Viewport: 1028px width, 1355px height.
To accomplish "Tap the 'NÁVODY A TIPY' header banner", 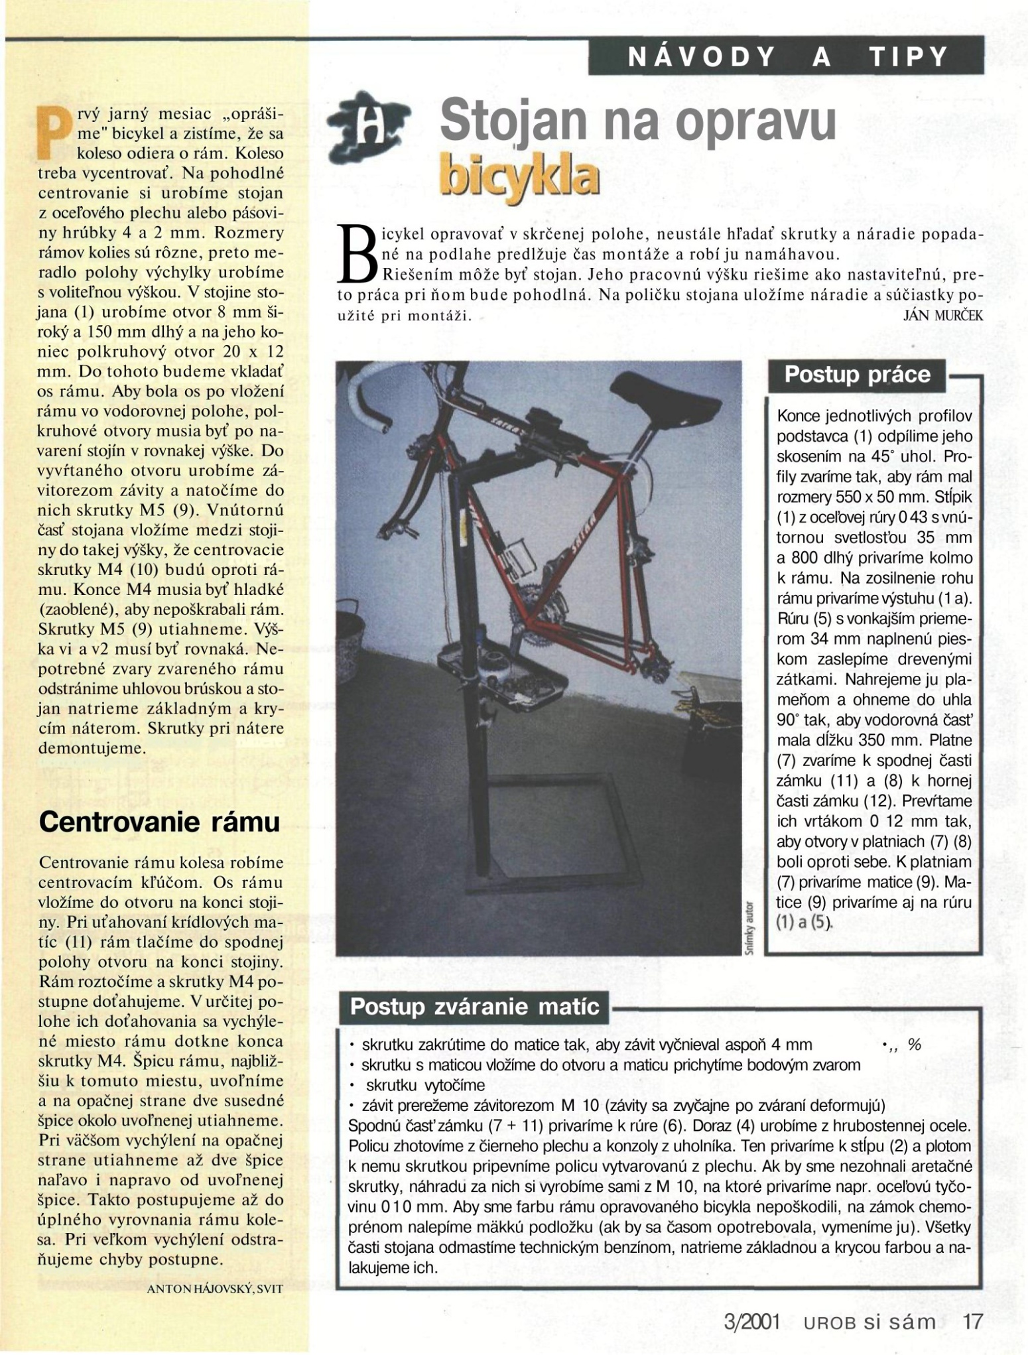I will [x=787, y=58].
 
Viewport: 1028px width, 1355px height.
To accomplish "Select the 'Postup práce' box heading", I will [x=857, y=375].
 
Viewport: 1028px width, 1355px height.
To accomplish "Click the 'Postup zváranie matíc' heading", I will [x=474, y=1007].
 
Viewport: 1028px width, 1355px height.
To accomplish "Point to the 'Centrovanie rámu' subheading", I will [x=159, y=822].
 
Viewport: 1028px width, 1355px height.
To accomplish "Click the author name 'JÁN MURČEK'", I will [x=943, y=316].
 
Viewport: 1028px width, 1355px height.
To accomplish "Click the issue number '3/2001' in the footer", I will [x=751, y=1321].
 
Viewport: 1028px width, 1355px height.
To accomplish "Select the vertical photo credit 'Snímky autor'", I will [x=750, y=927].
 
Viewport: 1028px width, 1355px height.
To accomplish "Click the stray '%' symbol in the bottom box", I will [x=915, y=1045].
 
